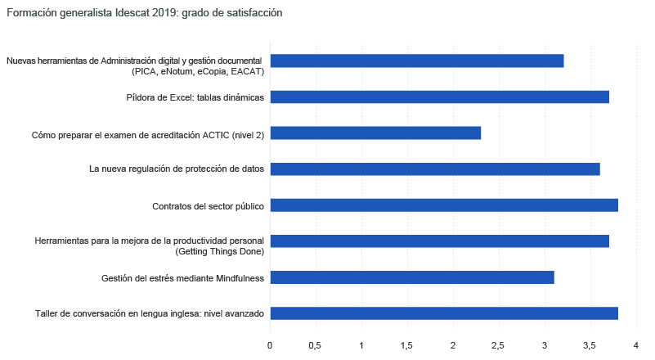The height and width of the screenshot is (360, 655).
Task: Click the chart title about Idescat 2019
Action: tap(144, 13)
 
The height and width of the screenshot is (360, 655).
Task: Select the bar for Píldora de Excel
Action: tap(439, 97)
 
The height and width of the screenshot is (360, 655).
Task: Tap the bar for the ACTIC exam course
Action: tap(375, 133)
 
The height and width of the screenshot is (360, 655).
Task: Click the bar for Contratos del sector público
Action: tap(444, 205)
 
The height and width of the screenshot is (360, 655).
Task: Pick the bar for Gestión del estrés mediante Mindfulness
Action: tap(412, 277)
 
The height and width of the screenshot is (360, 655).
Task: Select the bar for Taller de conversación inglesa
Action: tap(444, 313)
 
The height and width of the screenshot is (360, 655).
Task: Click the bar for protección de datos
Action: tap(435, 169)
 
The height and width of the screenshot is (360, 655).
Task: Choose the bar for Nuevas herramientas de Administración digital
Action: tap(417, 61)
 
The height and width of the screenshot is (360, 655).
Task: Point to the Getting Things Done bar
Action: tap(439, 241)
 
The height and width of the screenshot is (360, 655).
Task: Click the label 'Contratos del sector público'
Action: tap(208, 206)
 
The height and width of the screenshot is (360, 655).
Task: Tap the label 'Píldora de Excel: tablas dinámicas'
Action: tap(195, 97)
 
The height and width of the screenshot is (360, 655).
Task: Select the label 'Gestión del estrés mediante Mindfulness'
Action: tap(182, 278)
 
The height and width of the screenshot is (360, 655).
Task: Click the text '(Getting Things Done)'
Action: tap(220, 251)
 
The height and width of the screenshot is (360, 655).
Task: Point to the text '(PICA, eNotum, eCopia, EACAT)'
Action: tap(197, 71)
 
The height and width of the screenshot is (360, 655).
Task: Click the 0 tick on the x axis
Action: tap(270, 345)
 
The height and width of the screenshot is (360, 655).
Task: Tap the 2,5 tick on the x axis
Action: tap(499, 345)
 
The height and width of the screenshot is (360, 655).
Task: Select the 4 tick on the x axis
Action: tap(635, 345)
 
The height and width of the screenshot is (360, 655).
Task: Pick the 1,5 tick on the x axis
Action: tap(407, 345)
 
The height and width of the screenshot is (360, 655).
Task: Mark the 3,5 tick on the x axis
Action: tap(590, 345)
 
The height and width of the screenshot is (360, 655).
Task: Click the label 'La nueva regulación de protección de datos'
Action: tap(176, 169)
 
